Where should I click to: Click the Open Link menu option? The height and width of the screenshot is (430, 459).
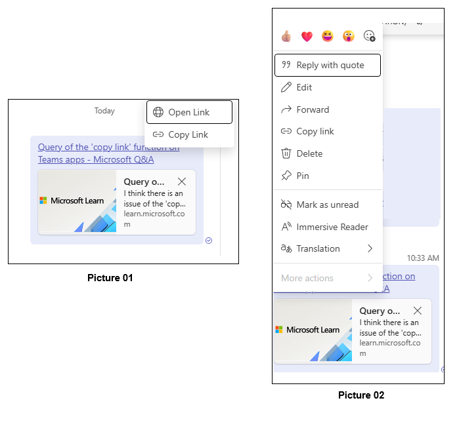[189, 112]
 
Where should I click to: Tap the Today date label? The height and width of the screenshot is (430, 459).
[104, 111]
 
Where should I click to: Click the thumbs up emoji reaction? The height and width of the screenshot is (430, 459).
[286, 36]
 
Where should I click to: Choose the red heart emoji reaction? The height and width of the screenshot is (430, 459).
[307, 36]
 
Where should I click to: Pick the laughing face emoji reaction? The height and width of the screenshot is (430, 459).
[328, 36]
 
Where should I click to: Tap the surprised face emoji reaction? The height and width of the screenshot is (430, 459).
[348, 36]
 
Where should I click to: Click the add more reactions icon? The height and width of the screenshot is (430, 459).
[369, 36]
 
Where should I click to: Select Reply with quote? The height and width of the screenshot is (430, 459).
[327, 65]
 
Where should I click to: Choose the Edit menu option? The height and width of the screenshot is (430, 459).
[304, 87]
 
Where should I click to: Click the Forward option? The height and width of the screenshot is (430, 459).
[313, 109]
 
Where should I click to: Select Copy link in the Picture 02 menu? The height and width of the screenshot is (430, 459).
[315, 131]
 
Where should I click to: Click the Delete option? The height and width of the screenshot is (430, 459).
[309, 153]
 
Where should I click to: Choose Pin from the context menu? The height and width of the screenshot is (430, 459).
[303, 176]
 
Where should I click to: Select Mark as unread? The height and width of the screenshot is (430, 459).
[327, 205]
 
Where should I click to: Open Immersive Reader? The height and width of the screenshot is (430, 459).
[332, 227]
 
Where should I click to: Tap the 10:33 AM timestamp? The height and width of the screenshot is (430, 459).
[422, 258]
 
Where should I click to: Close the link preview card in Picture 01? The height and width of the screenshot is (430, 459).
[182, 182]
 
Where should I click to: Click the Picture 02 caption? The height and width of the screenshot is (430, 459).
[361, 395]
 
